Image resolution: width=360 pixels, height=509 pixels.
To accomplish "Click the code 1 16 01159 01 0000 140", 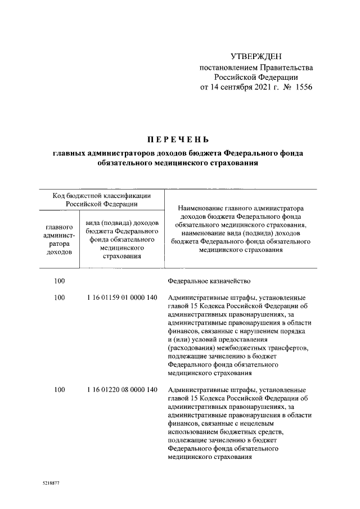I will (x=121, y=297).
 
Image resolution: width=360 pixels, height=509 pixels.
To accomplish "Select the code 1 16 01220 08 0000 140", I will (x=121, y=390).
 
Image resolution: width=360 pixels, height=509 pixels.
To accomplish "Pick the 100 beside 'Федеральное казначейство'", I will (x=60, y=281).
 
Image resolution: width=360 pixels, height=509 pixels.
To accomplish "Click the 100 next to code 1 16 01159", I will (x=60, y=297).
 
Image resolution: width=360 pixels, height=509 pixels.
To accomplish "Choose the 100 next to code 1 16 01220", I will (x=60, y=390).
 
